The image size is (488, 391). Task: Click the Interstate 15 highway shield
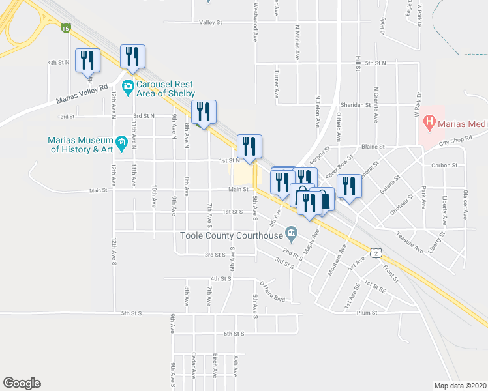(65, 27)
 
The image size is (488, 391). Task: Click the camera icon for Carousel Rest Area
(128, 85)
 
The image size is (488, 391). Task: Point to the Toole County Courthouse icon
(292, 231)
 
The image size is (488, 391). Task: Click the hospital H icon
(429, 121)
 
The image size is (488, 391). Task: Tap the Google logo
(22, 383)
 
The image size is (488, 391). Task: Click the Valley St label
(211, 22)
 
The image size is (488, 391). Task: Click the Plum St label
(367, 313)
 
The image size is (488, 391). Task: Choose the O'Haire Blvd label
(273, 287)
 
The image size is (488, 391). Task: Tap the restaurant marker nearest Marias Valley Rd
(87, 61)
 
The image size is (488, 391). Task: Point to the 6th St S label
(233, 334)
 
